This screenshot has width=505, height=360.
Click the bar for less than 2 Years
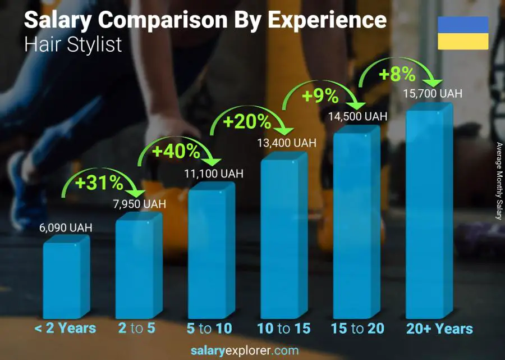(63, 278)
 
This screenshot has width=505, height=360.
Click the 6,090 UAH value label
(66, 228)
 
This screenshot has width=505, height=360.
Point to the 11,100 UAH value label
(214, 174)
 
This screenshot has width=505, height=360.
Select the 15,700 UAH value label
(433, 94)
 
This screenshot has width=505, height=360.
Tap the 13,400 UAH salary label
(287, 143)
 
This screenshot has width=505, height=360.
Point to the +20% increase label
(247, 121)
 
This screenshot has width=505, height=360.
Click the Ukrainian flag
(463, 33)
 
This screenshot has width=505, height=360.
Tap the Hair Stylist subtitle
(73, 44)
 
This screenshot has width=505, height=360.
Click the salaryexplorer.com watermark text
(252, 351)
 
